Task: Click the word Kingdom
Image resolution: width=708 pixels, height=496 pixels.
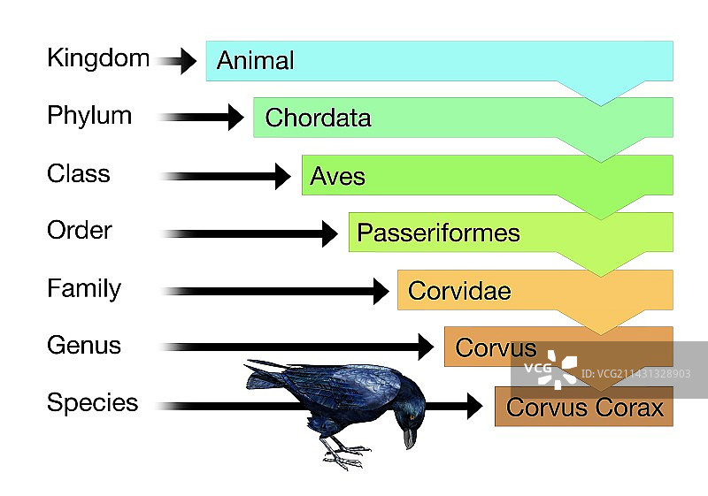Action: tap(98, 58)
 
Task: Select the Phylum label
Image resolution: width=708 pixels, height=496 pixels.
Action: tap(89, 117)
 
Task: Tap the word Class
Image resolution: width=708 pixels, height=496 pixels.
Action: tap(79, 173)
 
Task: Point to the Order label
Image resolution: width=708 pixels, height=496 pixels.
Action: tap(80, 231)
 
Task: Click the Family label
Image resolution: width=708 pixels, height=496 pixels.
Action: tap(84, 288)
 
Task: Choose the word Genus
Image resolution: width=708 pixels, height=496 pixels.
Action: tap(84, 346)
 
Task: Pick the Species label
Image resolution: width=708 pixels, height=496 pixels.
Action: tap(93, 403)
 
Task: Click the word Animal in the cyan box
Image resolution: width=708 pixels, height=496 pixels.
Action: tap(256, 60)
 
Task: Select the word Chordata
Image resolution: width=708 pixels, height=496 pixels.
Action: tap(318, 118)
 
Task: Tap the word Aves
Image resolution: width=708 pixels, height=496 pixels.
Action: tap(338, 176)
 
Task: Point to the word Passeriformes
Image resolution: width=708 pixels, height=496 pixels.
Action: tap(438, 233)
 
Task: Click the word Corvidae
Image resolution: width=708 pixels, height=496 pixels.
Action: tap(459, 291)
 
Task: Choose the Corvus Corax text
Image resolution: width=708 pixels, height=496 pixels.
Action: tap(585, 408)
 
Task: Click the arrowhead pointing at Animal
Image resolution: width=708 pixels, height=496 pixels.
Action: tap(189, 61)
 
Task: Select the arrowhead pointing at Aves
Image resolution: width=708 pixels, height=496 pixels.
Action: tap(282, 176)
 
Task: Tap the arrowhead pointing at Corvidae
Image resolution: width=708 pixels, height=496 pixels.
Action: tap(381, 291)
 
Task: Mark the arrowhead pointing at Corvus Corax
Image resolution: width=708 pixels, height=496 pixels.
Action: tap(474, 406)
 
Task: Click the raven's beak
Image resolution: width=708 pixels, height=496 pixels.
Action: tap(409, 438)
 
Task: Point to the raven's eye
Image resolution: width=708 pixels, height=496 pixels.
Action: tap(412, 417)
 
